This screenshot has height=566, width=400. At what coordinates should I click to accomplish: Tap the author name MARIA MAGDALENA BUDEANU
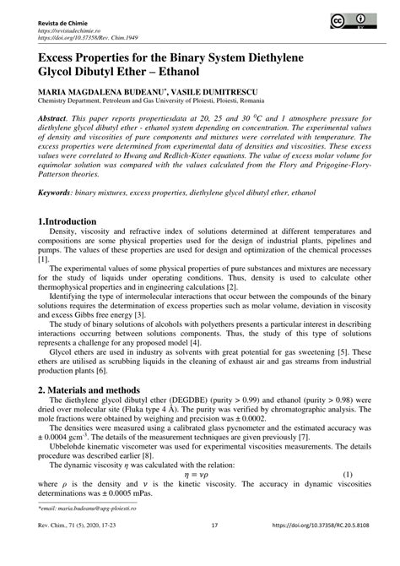coord(106,90)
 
